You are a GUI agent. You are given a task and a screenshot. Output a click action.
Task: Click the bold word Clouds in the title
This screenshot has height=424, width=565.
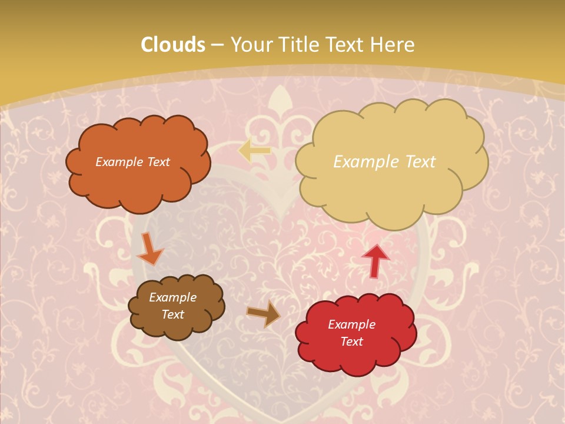[173, 45]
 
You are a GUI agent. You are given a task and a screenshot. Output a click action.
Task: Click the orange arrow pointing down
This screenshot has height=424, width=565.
[149, 250]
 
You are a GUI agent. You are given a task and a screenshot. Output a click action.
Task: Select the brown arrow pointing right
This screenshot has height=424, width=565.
[263, 314]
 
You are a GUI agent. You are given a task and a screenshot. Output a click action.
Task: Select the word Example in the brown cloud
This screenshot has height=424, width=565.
[173, 297]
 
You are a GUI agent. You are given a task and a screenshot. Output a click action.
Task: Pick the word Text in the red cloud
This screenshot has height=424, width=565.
[352, 342]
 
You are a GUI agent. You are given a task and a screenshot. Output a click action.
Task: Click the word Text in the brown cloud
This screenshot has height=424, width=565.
[173, 314]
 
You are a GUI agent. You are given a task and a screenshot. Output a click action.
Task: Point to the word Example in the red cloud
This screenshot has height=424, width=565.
[352, 324]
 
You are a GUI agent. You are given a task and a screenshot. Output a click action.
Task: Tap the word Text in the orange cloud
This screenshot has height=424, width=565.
[158, 162]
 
